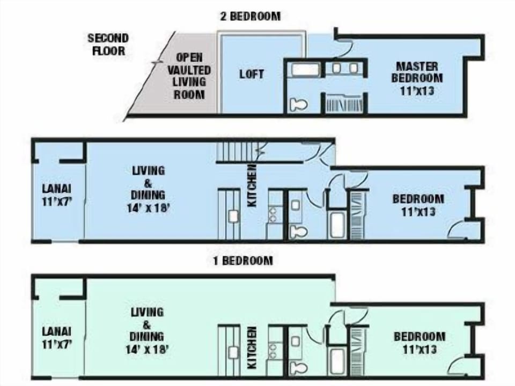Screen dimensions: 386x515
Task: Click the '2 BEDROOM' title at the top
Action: tap(251, 16)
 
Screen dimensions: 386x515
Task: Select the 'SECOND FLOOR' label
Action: tap(108, 44)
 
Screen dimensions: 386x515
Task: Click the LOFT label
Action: tap(251, 74)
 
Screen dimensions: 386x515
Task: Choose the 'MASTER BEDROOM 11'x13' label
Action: tap(416, 78)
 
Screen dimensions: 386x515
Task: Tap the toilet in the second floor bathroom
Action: tap(298, 104)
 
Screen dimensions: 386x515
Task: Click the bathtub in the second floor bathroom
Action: tap(303, 69)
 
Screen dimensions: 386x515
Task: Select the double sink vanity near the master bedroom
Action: tap(345, 68)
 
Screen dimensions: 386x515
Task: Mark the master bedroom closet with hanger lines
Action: tap(344, 104)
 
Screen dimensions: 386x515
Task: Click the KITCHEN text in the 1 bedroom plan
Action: tap(252, 348)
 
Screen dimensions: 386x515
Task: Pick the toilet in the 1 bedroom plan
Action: tap(297, 368)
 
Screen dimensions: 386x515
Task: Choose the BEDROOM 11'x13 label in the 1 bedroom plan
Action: tap(419, 343)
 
